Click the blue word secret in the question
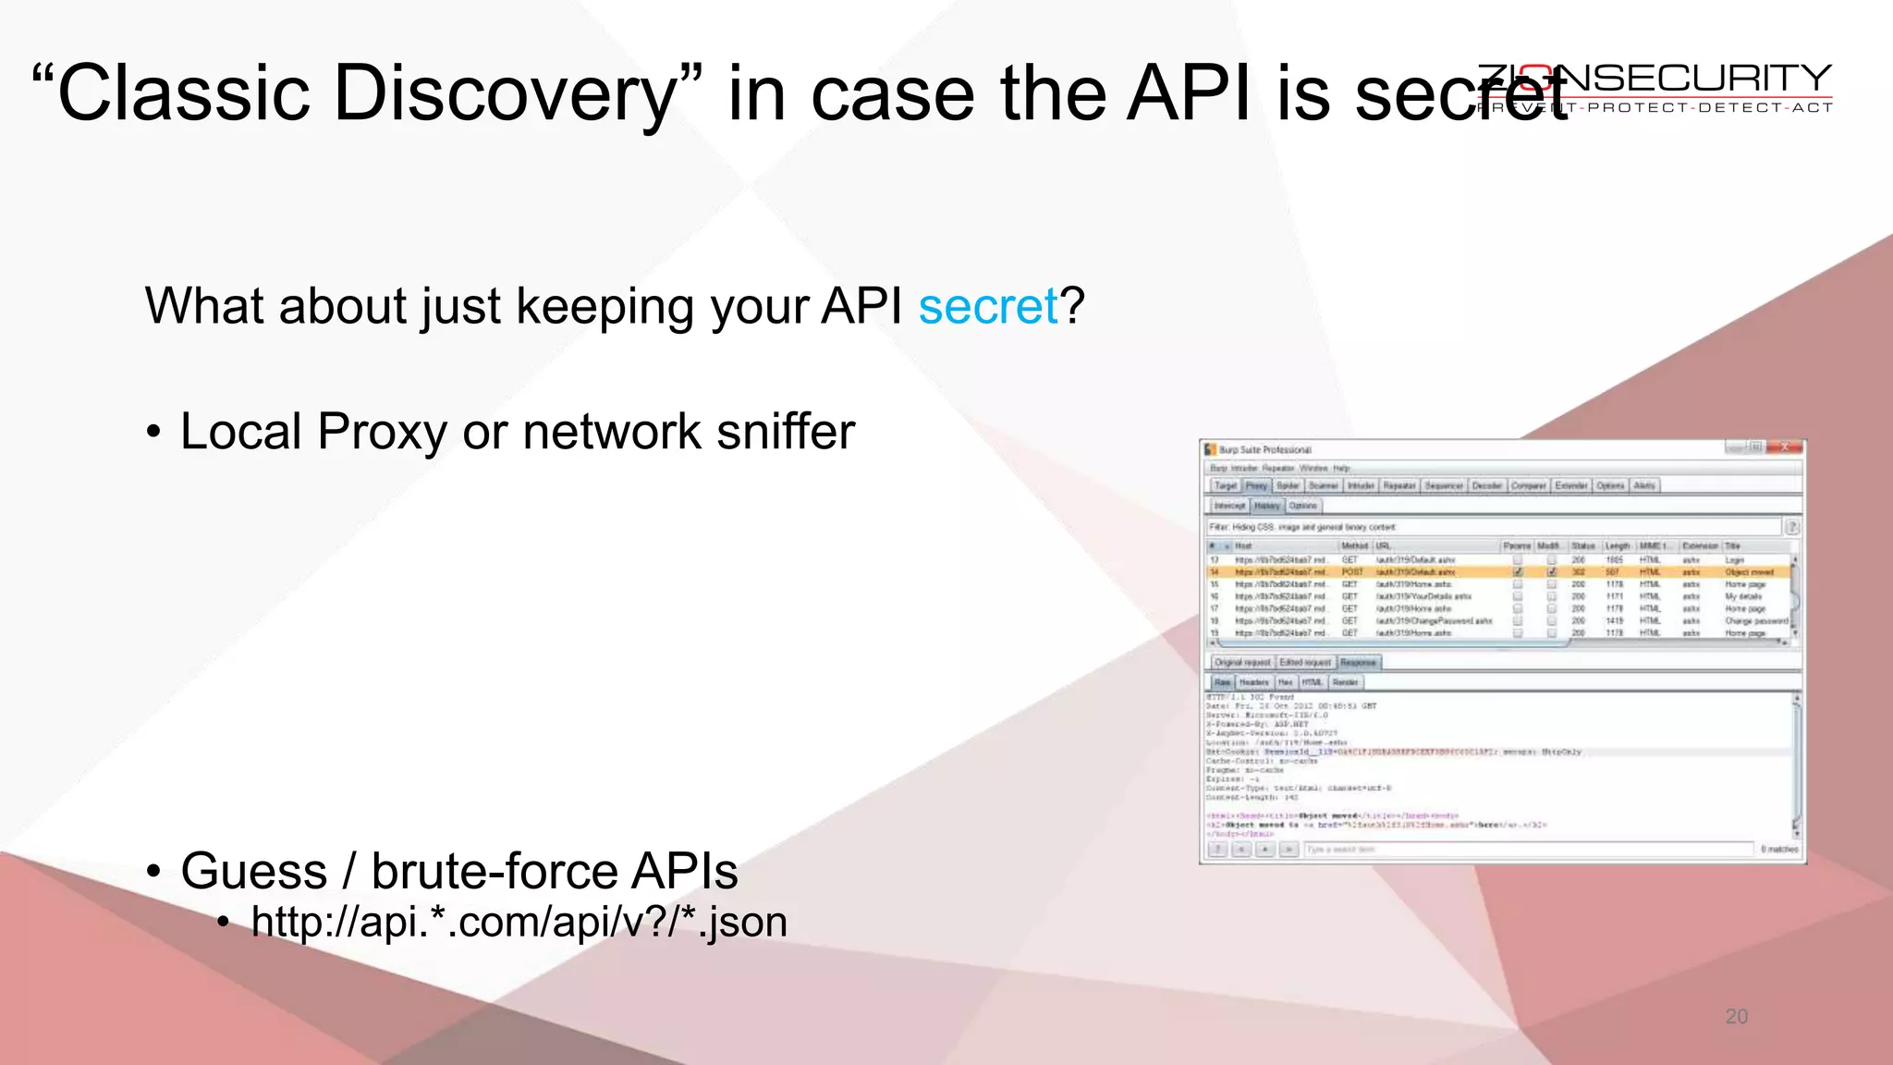coord(987,307)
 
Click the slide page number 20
coord(1736,1017)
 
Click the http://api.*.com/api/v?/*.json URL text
coord(519,922)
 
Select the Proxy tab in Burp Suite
coord(1256,485)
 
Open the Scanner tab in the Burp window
coord(1323,485)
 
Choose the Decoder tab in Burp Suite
coord(1486,485)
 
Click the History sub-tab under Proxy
coord(1266,506)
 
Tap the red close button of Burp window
coord(1785,447)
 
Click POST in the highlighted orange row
coord(1352,572)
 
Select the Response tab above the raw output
coord(1358,662)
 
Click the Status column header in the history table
coord(1583,546)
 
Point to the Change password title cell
coord(1753,621)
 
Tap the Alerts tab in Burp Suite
coord(1644,485)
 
